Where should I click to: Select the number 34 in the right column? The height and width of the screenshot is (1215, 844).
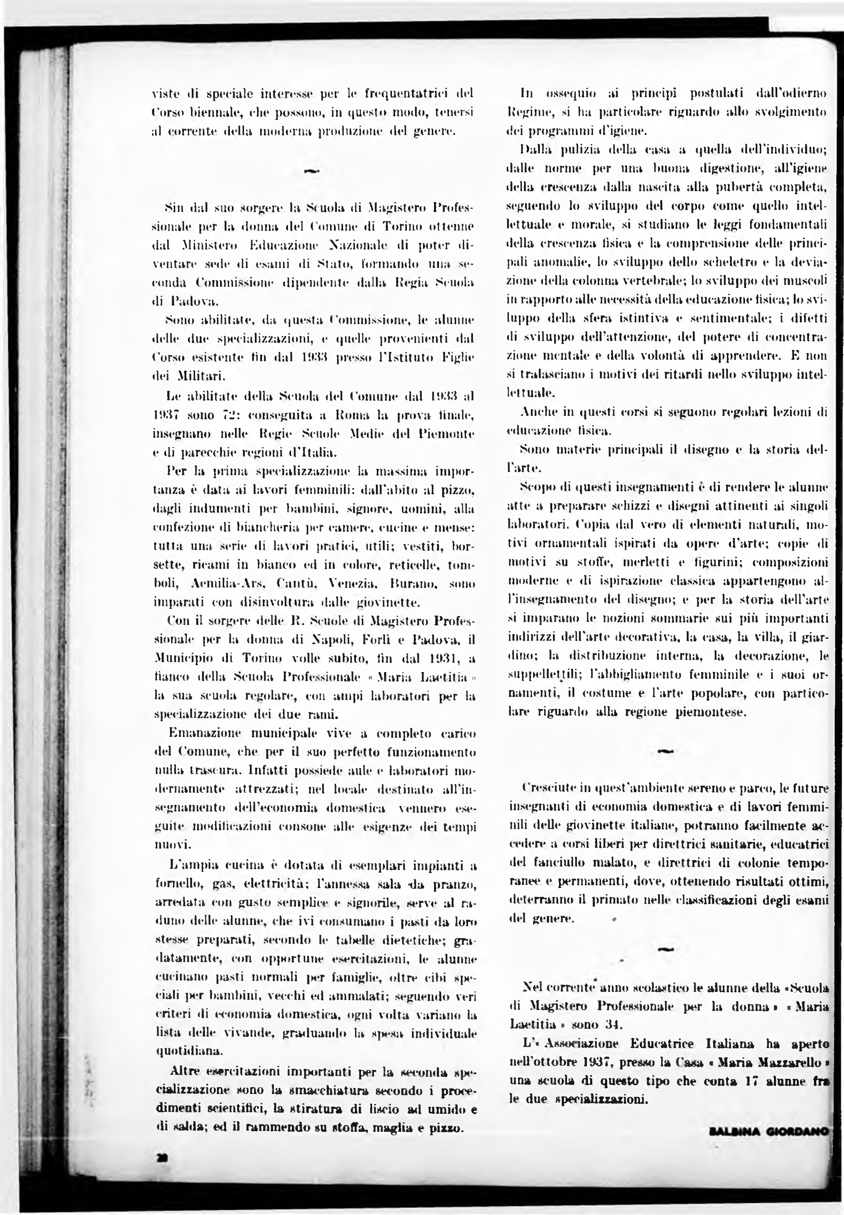(612, 1024)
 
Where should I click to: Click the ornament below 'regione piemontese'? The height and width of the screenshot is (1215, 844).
(666, 751)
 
